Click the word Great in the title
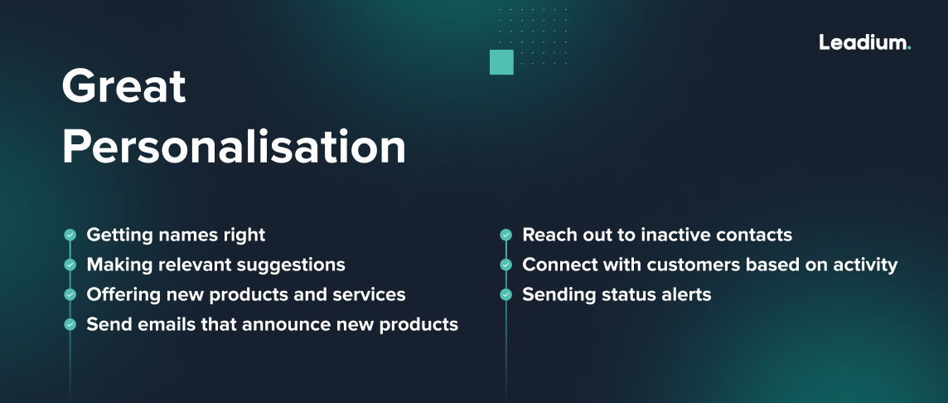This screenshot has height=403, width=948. click(124, 86)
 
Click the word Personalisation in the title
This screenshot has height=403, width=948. click(234, 148)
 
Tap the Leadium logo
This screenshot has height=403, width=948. click(864, 42)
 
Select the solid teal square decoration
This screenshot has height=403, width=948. click(501, 62)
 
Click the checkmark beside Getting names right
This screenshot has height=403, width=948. click(70, 235)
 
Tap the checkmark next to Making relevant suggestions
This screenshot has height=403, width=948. click(70, 265)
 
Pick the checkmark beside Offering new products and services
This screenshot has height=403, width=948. click(70, 295)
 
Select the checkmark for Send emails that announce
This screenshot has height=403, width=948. click(70, 325)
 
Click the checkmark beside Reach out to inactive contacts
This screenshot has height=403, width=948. click(505, 235)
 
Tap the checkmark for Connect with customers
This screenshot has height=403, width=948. click(505, 265)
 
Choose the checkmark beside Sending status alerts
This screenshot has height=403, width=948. click(505, 295)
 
